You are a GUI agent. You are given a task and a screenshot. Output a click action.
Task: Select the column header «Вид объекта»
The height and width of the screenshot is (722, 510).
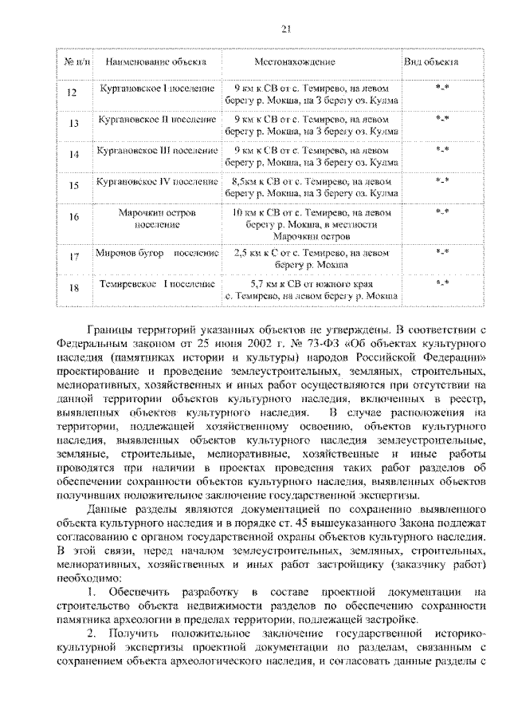click(x=431, y=61)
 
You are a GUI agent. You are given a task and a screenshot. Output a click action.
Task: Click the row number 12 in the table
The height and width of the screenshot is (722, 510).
click(x=73, y=94)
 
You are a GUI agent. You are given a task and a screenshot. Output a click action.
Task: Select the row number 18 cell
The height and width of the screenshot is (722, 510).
click(x=73, y=288)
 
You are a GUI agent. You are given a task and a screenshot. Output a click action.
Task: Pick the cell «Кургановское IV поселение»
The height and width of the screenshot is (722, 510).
click(x=156, y=181)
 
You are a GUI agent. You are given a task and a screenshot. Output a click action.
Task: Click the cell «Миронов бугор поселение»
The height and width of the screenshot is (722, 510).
click(x=156, y=253)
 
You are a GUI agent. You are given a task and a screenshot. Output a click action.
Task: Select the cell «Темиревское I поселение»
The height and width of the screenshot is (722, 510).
click(x=157, y=283)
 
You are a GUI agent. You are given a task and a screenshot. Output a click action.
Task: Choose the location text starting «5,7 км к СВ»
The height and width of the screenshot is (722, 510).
click(x=312, y=289)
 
